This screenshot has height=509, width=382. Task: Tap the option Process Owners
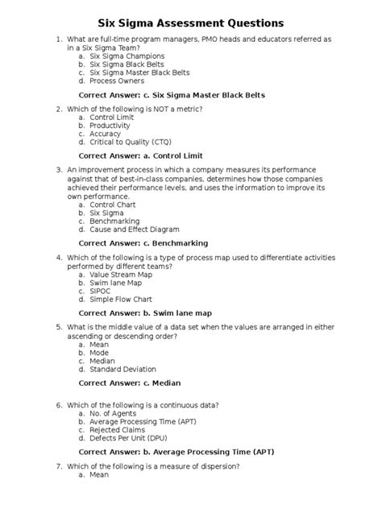pyautogui.click(x=118, y=81)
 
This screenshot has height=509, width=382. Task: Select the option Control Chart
pyautogui.click(x=114, y=205)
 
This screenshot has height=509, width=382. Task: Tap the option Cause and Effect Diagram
pyautogui.click(x=134, y=230)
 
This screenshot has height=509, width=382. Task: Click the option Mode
pyautogui.click(x=99, y=353)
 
